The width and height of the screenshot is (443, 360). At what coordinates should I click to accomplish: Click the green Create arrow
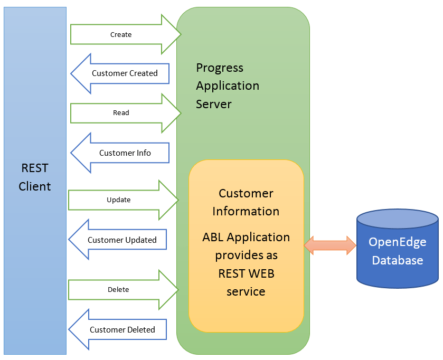126,34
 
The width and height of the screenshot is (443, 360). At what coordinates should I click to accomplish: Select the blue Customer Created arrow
120,73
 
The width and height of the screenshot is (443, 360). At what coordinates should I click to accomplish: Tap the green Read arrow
126,113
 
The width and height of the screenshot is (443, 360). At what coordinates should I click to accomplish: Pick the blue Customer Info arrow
120,153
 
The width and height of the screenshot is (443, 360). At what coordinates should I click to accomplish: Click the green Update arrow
124,200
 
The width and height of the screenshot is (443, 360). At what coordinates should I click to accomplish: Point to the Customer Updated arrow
118,240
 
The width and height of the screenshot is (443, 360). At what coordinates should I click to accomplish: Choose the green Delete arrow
124,290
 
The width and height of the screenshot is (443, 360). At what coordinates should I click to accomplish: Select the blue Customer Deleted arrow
118,329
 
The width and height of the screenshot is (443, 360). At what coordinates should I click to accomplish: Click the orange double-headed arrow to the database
330,245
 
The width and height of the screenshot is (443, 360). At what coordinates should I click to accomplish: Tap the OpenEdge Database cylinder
398,249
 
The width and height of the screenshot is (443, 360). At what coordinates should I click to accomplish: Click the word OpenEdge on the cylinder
397,242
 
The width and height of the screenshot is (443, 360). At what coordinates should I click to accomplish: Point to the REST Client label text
35,177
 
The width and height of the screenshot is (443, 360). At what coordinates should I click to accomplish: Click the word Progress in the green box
220,68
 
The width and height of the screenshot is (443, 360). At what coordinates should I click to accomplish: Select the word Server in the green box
214,104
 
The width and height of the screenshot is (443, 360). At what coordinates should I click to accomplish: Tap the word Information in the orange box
246,211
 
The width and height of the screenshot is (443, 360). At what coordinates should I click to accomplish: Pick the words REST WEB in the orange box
246,273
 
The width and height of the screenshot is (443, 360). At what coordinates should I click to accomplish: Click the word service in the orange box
246,292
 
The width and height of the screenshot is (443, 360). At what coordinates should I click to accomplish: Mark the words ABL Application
246,238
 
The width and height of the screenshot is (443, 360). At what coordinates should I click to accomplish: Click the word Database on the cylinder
398,260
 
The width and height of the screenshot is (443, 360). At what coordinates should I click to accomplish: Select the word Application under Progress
228,86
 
